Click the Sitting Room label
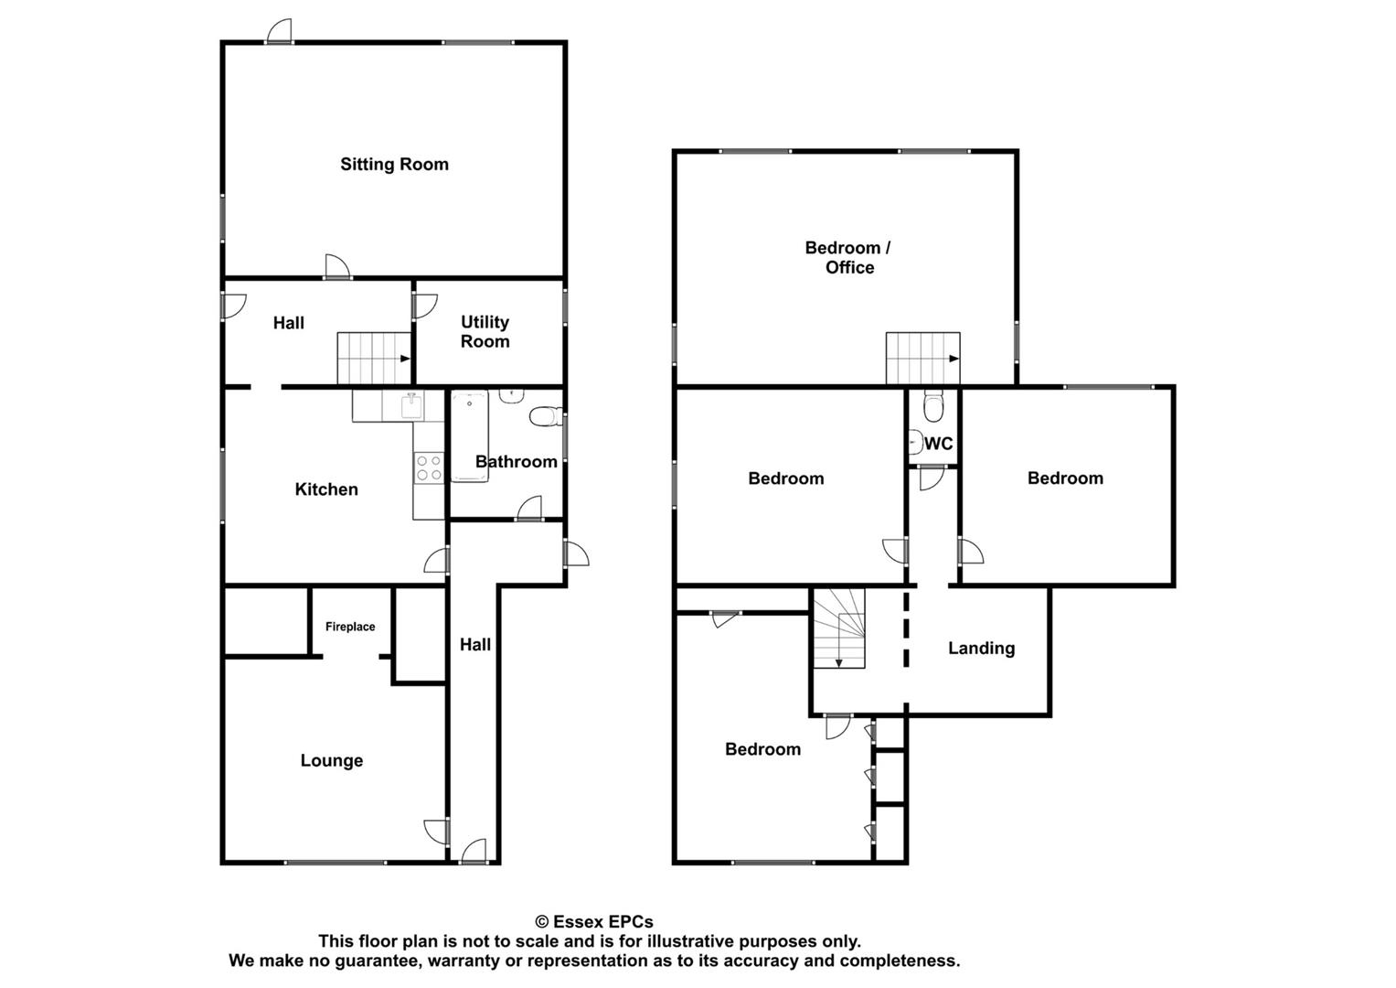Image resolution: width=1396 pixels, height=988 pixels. tap(394, 165)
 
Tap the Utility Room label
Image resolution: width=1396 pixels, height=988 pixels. tap(485, 331)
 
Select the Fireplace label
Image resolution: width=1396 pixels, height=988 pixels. tap(350, 627)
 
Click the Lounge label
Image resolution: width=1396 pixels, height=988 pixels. tap(331, 760)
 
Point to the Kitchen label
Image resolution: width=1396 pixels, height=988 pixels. tap(325, 489)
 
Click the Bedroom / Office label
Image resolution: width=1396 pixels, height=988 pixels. tap(848, 257)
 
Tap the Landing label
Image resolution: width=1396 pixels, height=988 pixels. tap(981, 648)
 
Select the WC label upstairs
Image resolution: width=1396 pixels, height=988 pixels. tap(939, 444)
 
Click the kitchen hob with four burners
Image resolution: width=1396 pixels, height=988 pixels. tap(429, 467)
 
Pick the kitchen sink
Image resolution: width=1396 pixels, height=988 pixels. tap(411, 404)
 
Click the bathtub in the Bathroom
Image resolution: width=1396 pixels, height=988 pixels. tap(468, 435)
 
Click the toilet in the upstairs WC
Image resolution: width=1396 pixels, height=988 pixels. tap(932, 403)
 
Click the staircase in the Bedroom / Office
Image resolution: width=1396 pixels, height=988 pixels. tap(922, 359)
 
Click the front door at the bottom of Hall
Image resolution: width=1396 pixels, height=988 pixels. tap(474, 853)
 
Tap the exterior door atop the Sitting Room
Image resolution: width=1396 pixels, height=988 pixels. tap(279, 32)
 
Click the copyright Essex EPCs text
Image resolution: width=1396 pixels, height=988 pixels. tap(594, 922)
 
